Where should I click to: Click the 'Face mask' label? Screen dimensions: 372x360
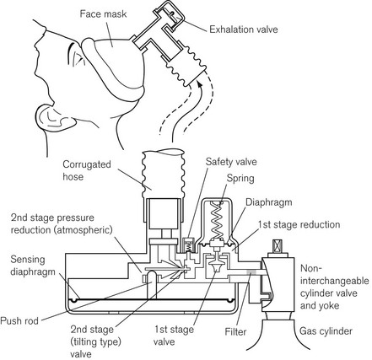103,14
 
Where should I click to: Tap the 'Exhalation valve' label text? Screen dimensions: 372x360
244,30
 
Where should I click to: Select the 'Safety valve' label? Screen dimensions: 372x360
231,162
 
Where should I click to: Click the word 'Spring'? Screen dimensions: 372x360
240,179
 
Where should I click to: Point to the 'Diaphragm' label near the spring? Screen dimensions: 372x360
269,202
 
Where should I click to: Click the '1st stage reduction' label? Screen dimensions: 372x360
299,225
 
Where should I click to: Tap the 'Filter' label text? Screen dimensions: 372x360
235,332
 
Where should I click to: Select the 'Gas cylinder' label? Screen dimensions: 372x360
326,331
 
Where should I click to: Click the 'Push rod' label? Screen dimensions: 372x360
19,321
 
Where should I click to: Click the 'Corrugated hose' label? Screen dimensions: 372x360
87,170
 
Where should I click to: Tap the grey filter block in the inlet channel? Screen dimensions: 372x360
251,272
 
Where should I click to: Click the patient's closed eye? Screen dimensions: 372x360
78,57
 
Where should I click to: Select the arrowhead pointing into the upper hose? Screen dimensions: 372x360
200,84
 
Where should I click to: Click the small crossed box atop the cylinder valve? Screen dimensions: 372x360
278,246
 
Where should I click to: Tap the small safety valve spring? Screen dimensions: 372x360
190,246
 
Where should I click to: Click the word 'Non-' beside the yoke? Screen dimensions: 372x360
310,268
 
